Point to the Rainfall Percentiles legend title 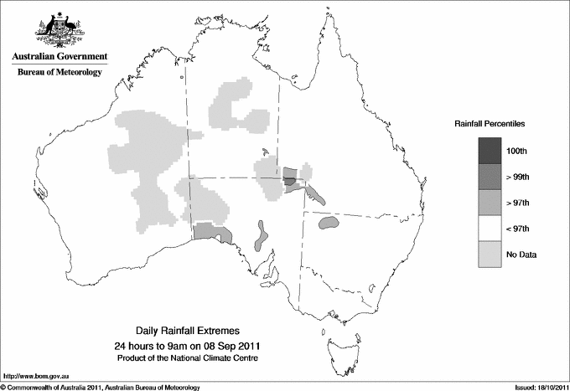(x=490, y=123)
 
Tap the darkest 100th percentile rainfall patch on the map (x=289, y=179)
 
